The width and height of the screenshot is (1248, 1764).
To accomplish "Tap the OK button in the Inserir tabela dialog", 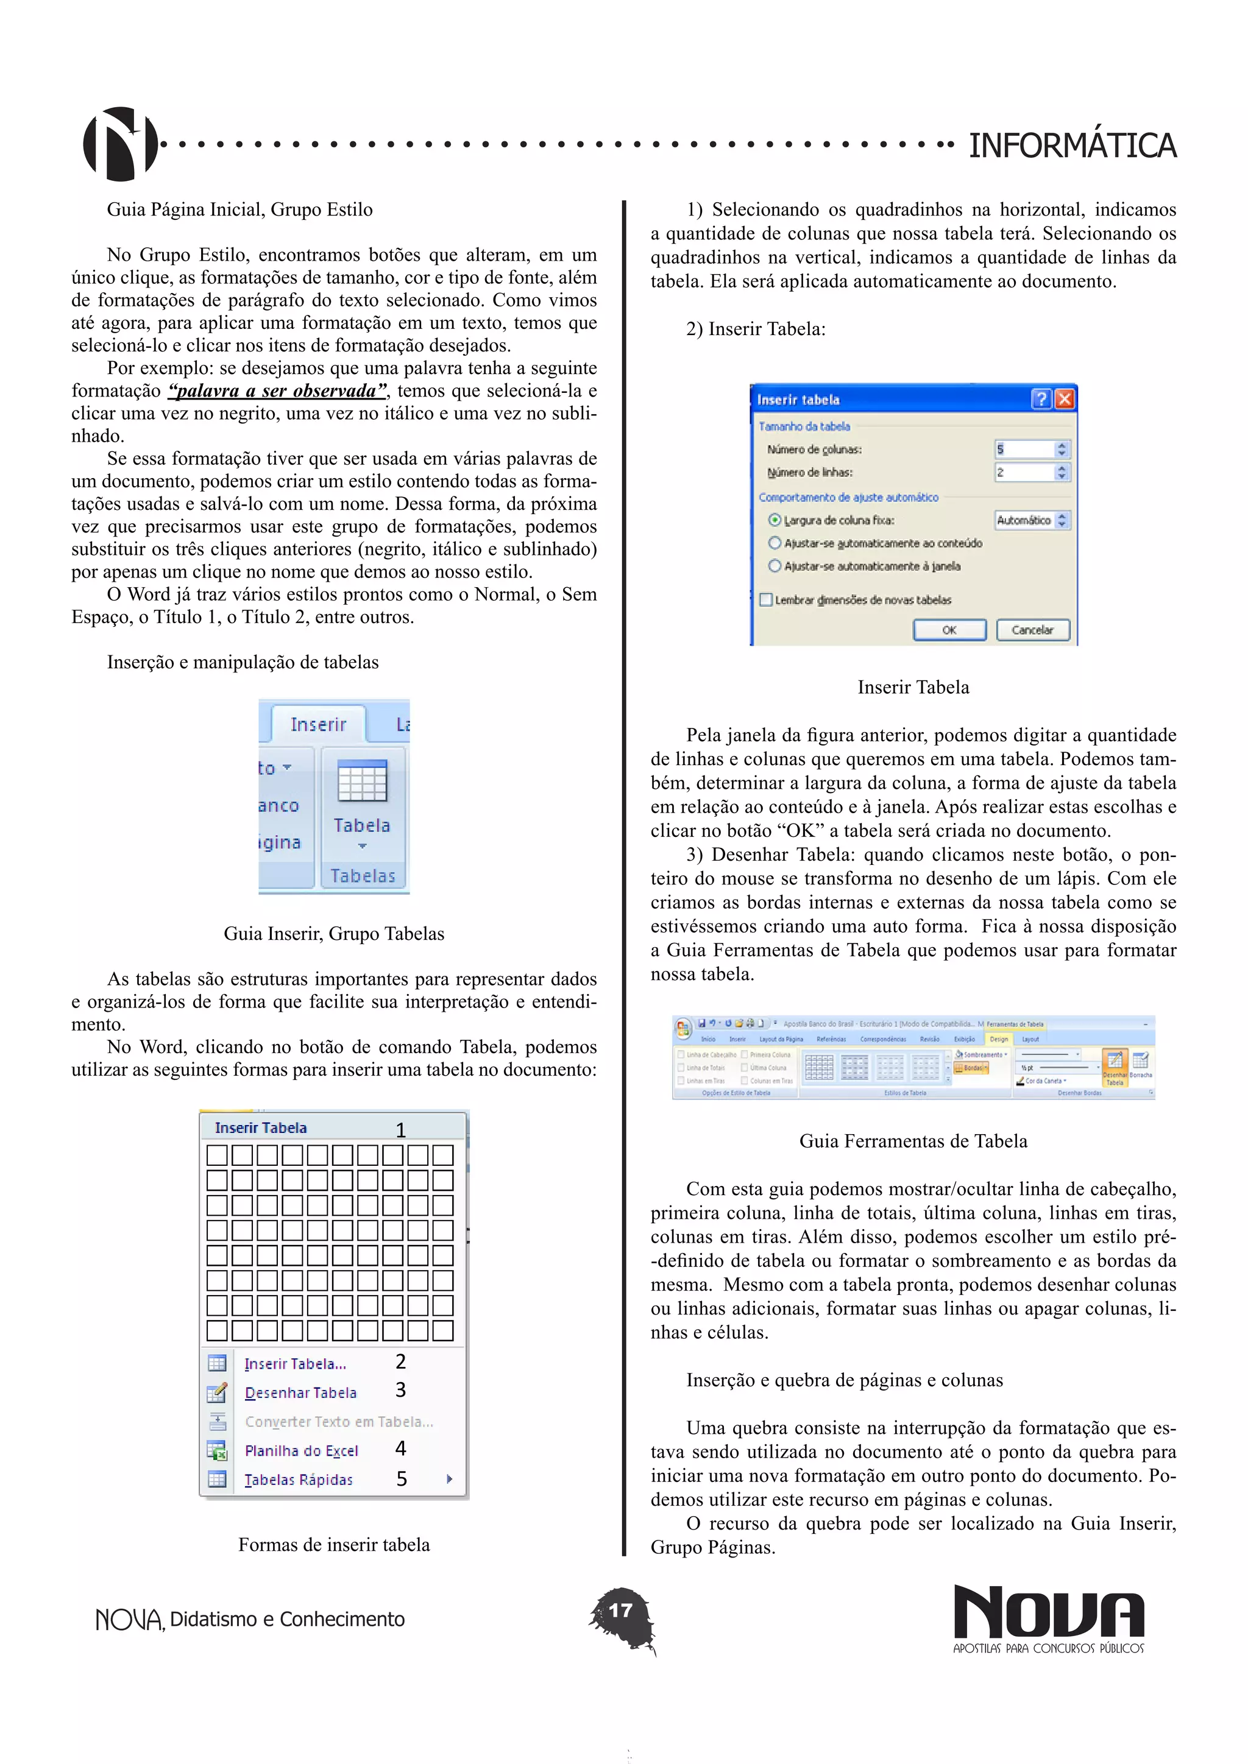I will tap(949, 630).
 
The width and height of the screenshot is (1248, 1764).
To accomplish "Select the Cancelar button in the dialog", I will tap(1032, 630).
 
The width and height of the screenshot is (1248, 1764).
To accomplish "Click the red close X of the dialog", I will tap(1065, 399).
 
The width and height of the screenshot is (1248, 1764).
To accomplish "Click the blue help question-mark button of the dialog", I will tap(1041, 399).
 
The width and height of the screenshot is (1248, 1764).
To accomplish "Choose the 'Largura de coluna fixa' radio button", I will tap(775, 520).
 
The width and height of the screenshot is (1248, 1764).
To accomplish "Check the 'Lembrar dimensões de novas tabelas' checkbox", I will tap(766, 600).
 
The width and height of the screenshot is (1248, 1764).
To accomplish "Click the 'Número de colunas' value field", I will tap(1024, 450).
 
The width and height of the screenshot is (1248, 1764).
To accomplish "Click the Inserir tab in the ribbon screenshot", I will tap(318, 724).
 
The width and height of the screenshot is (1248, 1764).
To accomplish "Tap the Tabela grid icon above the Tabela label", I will tap(362, 781).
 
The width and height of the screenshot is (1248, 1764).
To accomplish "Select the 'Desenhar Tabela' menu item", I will tap(300, 1393).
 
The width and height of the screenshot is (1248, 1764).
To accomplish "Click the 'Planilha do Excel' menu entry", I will tap(301, 1450).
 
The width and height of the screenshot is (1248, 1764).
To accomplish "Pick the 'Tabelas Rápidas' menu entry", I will tap(298, 1480).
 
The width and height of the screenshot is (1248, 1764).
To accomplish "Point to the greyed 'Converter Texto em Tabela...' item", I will tap(339, 1422).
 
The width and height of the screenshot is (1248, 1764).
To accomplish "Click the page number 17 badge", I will tap(621, 1611).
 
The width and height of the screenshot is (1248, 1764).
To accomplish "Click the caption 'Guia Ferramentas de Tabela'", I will tap(913, 1141).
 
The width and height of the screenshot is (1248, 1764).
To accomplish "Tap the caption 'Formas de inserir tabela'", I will tap(333, 1545).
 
